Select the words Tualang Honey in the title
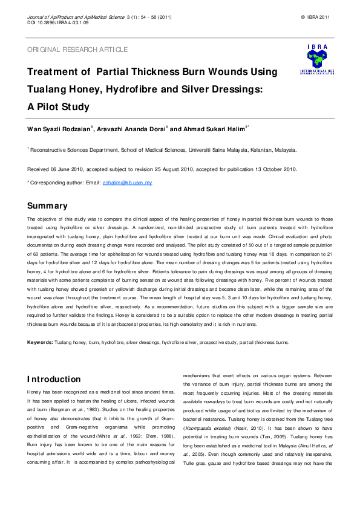[x=65, y=89]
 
